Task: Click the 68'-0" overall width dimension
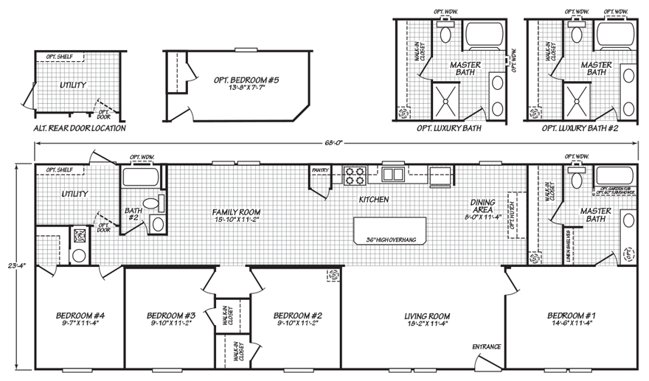pyautogui.click(x=338, y=143)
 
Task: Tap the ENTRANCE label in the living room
pyautogui.click(x=487, y=346)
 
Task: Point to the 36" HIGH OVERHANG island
pyautogui.click(x=386, y=229)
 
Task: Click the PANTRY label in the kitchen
pyautogui.click(x=320, y=169)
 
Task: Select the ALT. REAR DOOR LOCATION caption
pyautogui.click(x=80, y=128)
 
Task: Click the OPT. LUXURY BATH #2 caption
pyautogui.click(x=579, y=128)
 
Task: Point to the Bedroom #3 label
pyautogui.click(x=170, y=315)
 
